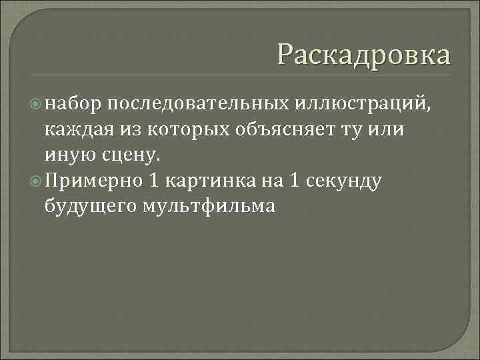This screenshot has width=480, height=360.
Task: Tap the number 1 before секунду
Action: point(294,181)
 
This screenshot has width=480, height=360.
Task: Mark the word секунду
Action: point(345,181)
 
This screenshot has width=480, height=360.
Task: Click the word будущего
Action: point(89,207)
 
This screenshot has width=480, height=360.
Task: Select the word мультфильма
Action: point(209,207)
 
